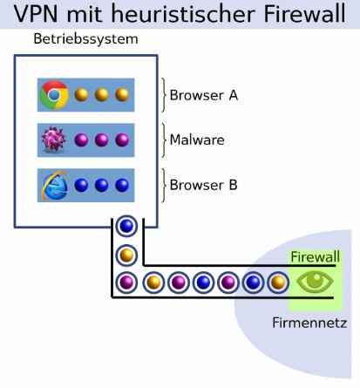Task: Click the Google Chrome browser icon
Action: point(54,95)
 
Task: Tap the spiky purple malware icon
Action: point(54,140)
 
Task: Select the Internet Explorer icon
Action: point(54,186)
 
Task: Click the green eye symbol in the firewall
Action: point(315,282)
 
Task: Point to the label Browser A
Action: point(204,95)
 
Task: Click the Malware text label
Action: point(197,140)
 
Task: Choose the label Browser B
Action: point(203,185)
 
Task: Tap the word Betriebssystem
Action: point(85,39)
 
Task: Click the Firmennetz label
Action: point(309,323)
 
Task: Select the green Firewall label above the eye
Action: point(316,257)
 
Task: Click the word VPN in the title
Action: point(36,14)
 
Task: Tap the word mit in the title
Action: point(85,14)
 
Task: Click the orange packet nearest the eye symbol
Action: point(278,282)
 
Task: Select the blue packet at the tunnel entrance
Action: point(126,226)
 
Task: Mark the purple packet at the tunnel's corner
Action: point(126,282)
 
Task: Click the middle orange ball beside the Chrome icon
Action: point(101,95)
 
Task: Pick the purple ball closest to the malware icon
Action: point(81,140)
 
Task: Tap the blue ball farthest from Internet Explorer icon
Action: point(122,185)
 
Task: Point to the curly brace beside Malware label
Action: point(164,140)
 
